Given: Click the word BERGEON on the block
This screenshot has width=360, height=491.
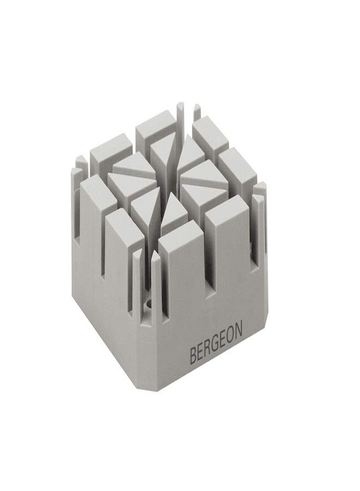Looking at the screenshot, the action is coord(216,344).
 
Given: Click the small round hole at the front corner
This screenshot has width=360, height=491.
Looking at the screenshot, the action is coord(148,303).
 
